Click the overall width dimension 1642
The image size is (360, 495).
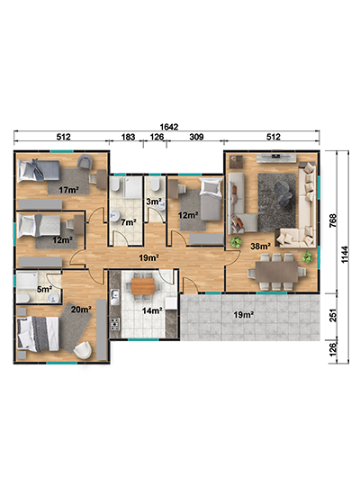pos(169,127)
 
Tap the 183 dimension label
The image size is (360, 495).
pos(128,137)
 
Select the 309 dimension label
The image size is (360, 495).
pos(196,137)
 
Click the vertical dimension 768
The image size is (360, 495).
pos(334,221)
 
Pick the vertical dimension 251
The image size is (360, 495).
pos(334,316)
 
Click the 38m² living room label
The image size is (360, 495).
pos(260,246)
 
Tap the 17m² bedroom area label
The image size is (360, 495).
pos(68,190)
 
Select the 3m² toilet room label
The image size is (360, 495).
pos(154,202)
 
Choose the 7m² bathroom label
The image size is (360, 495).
pos(129,222)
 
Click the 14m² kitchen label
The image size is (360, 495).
pos(152,311)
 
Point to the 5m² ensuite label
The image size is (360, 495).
pos(44,289)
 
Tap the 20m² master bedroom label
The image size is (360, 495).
pos(81,310)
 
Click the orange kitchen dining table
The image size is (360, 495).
pos(143,286)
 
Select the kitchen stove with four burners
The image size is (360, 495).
pos(114,324)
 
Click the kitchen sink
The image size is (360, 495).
pos(114,297)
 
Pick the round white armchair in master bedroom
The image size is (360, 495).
pos(83,350)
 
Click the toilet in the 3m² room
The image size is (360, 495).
pos(155,185)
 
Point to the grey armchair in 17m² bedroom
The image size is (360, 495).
pos(85,161)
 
